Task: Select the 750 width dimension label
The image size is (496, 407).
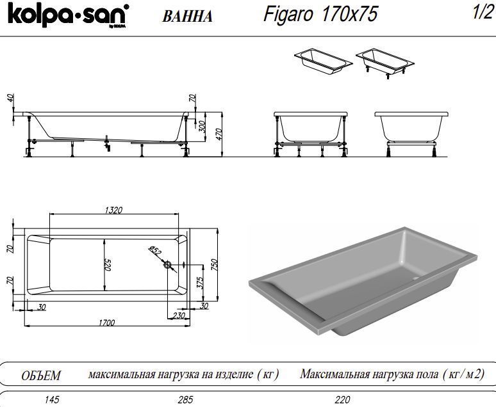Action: point(215,264)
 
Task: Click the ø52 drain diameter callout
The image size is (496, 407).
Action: point(154,251)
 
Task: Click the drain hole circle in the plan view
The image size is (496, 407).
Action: point(168,264)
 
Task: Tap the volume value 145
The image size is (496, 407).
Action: point(52,400)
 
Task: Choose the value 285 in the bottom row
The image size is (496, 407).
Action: point(185,400)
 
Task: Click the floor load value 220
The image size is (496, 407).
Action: point(343,400)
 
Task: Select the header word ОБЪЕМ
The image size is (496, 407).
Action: point(41,375)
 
